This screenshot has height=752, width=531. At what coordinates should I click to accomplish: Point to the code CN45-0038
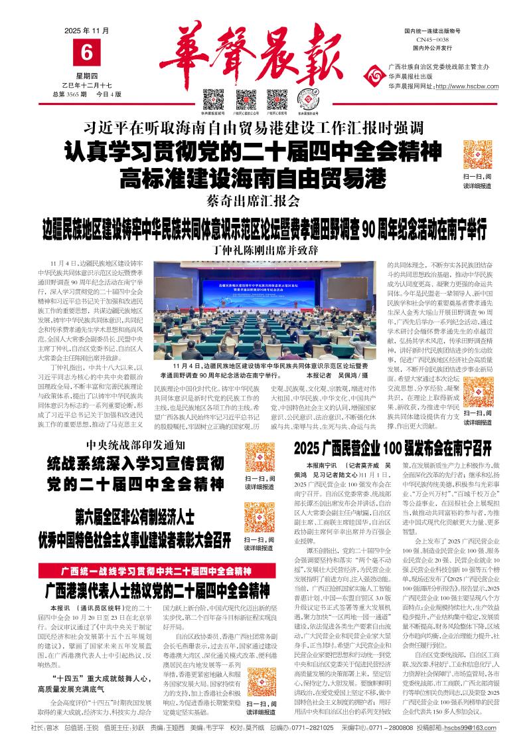[432, 40]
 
